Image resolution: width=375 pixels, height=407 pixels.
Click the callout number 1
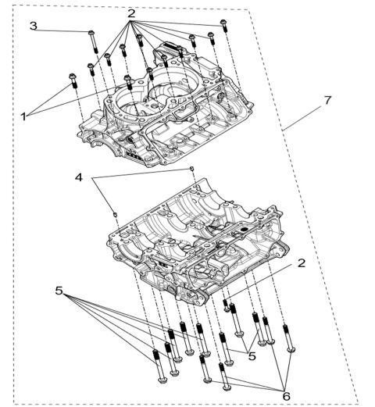pos(24,116)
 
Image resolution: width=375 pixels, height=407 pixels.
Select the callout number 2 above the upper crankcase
pos(131,13)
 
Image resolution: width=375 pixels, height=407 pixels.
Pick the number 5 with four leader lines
pos(59,291)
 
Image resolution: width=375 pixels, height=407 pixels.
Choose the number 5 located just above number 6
pos(252,355)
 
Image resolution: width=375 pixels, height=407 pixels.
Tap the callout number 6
pos(286,396)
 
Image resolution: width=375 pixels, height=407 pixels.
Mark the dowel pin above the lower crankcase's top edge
pos(191,168)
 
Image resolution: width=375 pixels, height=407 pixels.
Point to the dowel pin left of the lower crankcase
pos(115,211)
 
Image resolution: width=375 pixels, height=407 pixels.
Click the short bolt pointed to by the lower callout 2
pos(226,301)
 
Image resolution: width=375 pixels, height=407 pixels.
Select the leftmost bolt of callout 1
pos(74,80)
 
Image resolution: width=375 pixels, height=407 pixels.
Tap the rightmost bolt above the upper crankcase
pos(224,25)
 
